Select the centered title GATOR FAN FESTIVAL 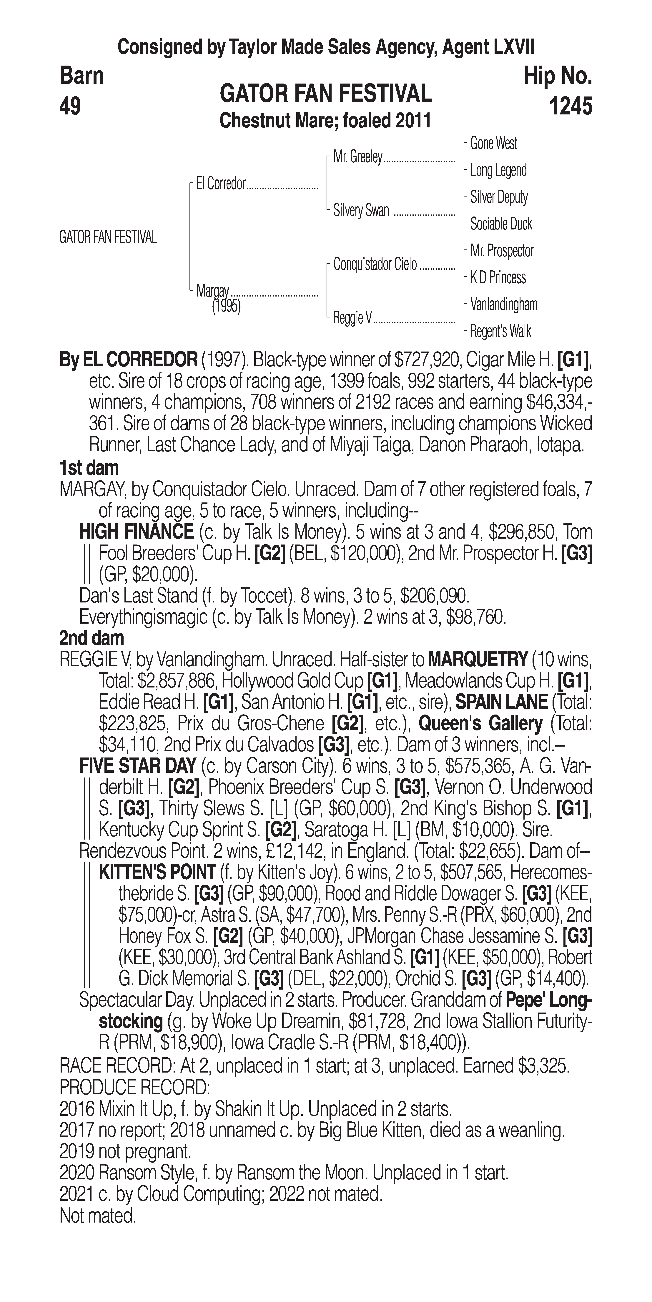326,94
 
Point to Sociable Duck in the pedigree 501,224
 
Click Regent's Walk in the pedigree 500,332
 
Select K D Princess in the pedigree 498,277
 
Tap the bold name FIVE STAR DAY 137,766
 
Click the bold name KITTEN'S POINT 157,872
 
